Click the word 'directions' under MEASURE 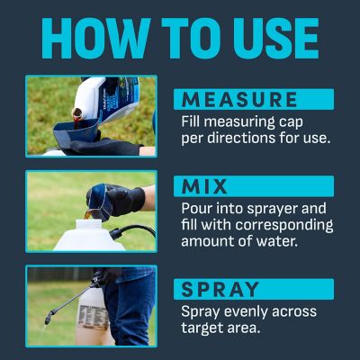click(x=243, y=139)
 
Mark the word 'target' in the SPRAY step click(x=205, y=328)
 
